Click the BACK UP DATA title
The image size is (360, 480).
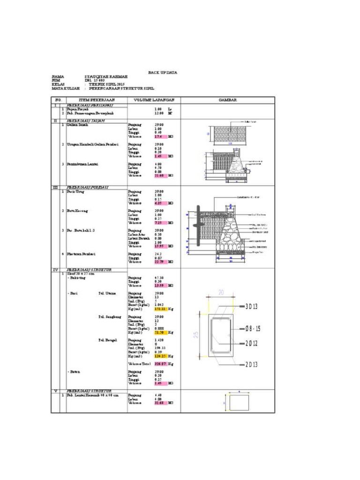click(163, 72)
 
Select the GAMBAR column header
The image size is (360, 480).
click(227, 100)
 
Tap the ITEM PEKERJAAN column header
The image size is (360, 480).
click(97, 100)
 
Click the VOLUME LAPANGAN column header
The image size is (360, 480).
click(154, 100)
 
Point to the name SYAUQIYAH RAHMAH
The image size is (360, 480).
click(106, 76)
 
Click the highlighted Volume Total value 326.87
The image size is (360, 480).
click(161, 364)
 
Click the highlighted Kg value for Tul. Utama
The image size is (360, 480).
click(161, 309)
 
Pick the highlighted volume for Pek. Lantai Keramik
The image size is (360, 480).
click(161, 403)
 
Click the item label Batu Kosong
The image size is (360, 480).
click(78, 211)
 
